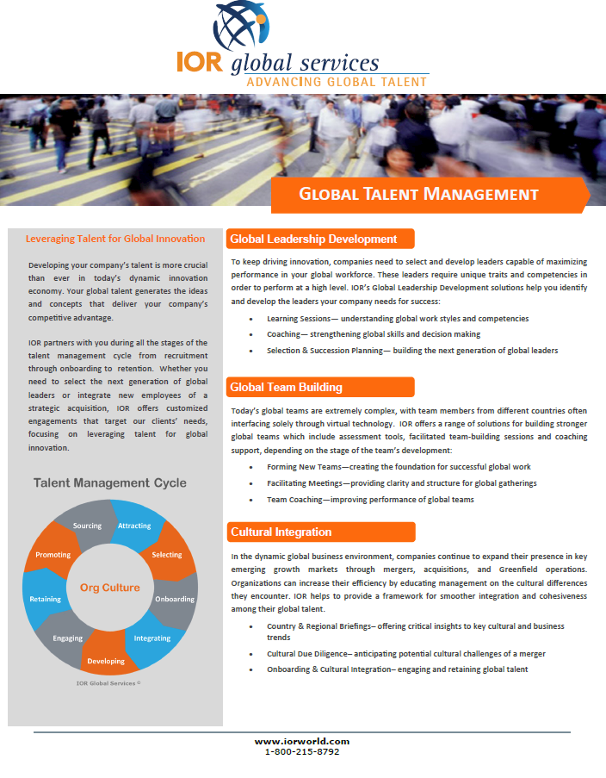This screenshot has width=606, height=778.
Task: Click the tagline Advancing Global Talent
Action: click(x=337, y=82)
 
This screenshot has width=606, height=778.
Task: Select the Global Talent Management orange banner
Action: click(x=418, y=195)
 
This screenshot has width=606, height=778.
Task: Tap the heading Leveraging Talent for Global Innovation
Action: click(x=115, y=239)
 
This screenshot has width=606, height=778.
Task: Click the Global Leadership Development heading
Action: click(x=314, y=239)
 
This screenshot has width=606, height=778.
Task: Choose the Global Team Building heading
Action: click(x=287, y=387)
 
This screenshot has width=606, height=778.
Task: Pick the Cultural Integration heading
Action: click(x=281, y=532)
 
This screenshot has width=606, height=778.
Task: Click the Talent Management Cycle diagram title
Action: click(x=110, y=482)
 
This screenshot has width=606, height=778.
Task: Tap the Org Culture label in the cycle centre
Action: click(x=109, y=588)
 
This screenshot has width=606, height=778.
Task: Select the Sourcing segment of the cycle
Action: click(x=87, y=526)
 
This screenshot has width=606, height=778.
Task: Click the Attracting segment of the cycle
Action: click(x=133, y=526)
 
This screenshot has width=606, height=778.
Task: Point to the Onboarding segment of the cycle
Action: click(x=174, y=599)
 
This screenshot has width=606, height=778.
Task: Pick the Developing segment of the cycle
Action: click(x=107, y=661)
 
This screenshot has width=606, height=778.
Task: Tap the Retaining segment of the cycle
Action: click(x=45, y=599)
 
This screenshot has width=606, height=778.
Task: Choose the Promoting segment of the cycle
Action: click(x=53, y=555)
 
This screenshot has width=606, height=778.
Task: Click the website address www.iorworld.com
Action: click(x=302, y=741)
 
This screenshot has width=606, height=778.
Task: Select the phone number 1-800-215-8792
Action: click(x=302, y=751)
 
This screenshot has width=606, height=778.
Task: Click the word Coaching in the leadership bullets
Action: click(x=284, y=334)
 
